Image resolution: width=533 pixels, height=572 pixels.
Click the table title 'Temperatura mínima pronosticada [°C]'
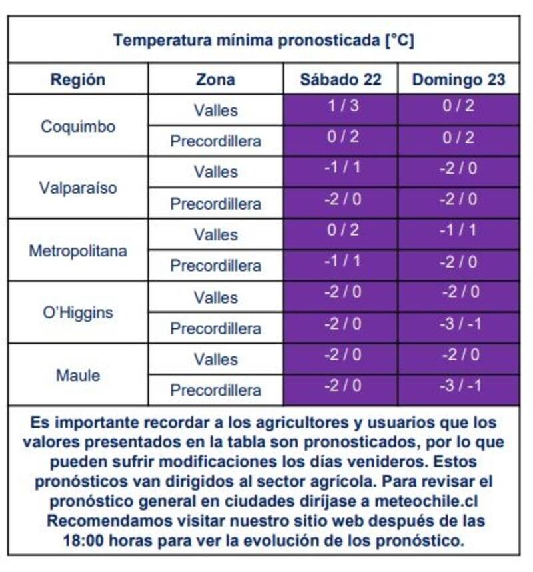[264, 40]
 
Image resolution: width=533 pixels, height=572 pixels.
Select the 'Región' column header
[78, 79]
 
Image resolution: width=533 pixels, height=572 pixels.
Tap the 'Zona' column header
[215, 79]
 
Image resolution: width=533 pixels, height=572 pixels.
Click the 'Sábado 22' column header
[340, 79]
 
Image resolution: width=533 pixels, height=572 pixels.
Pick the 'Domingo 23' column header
[458, 79]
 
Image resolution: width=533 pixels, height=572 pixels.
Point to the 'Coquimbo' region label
[78, 126]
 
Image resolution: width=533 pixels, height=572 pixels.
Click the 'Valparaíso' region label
[78, 188]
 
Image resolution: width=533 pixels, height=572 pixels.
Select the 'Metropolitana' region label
[78, 251]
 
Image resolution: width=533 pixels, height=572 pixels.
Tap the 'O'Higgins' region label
[78, 313]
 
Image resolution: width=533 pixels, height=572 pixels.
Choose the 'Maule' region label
[78, 375]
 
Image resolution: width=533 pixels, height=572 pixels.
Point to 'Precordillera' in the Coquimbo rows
[215, 141]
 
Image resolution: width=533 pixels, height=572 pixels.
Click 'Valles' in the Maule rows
[215, 360]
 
